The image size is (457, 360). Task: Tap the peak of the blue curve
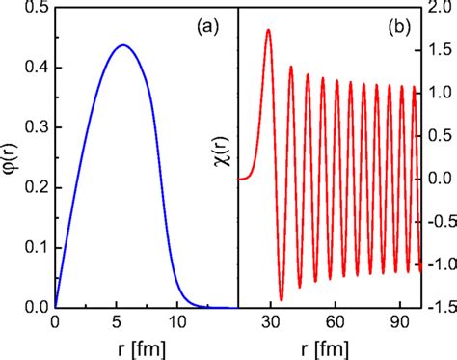tap(123, 45)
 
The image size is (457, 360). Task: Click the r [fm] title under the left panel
tap(146, 347)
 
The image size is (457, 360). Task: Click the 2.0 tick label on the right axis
tap(439, 9)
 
